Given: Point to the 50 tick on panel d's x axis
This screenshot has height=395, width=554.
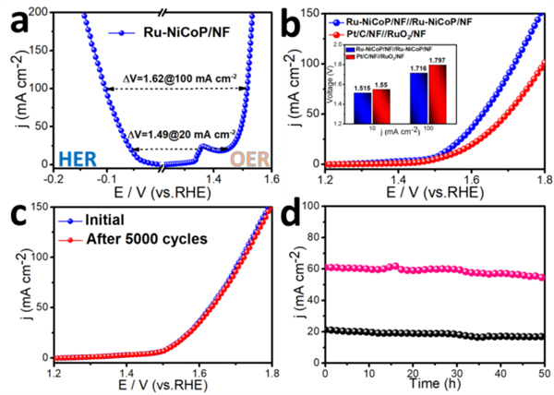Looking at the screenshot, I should [544, 369].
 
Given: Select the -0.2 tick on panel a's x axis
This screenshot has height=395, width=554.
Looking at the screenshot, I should [55, 181].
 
